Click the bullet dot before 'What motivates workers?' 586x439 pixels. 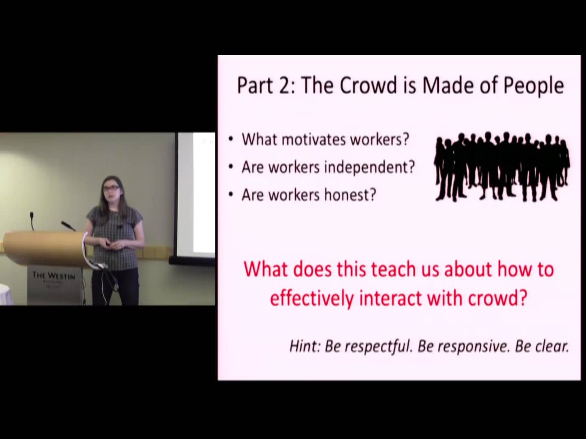pos(231,139)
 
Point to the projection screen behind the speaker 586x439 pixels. pos(195,195)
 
